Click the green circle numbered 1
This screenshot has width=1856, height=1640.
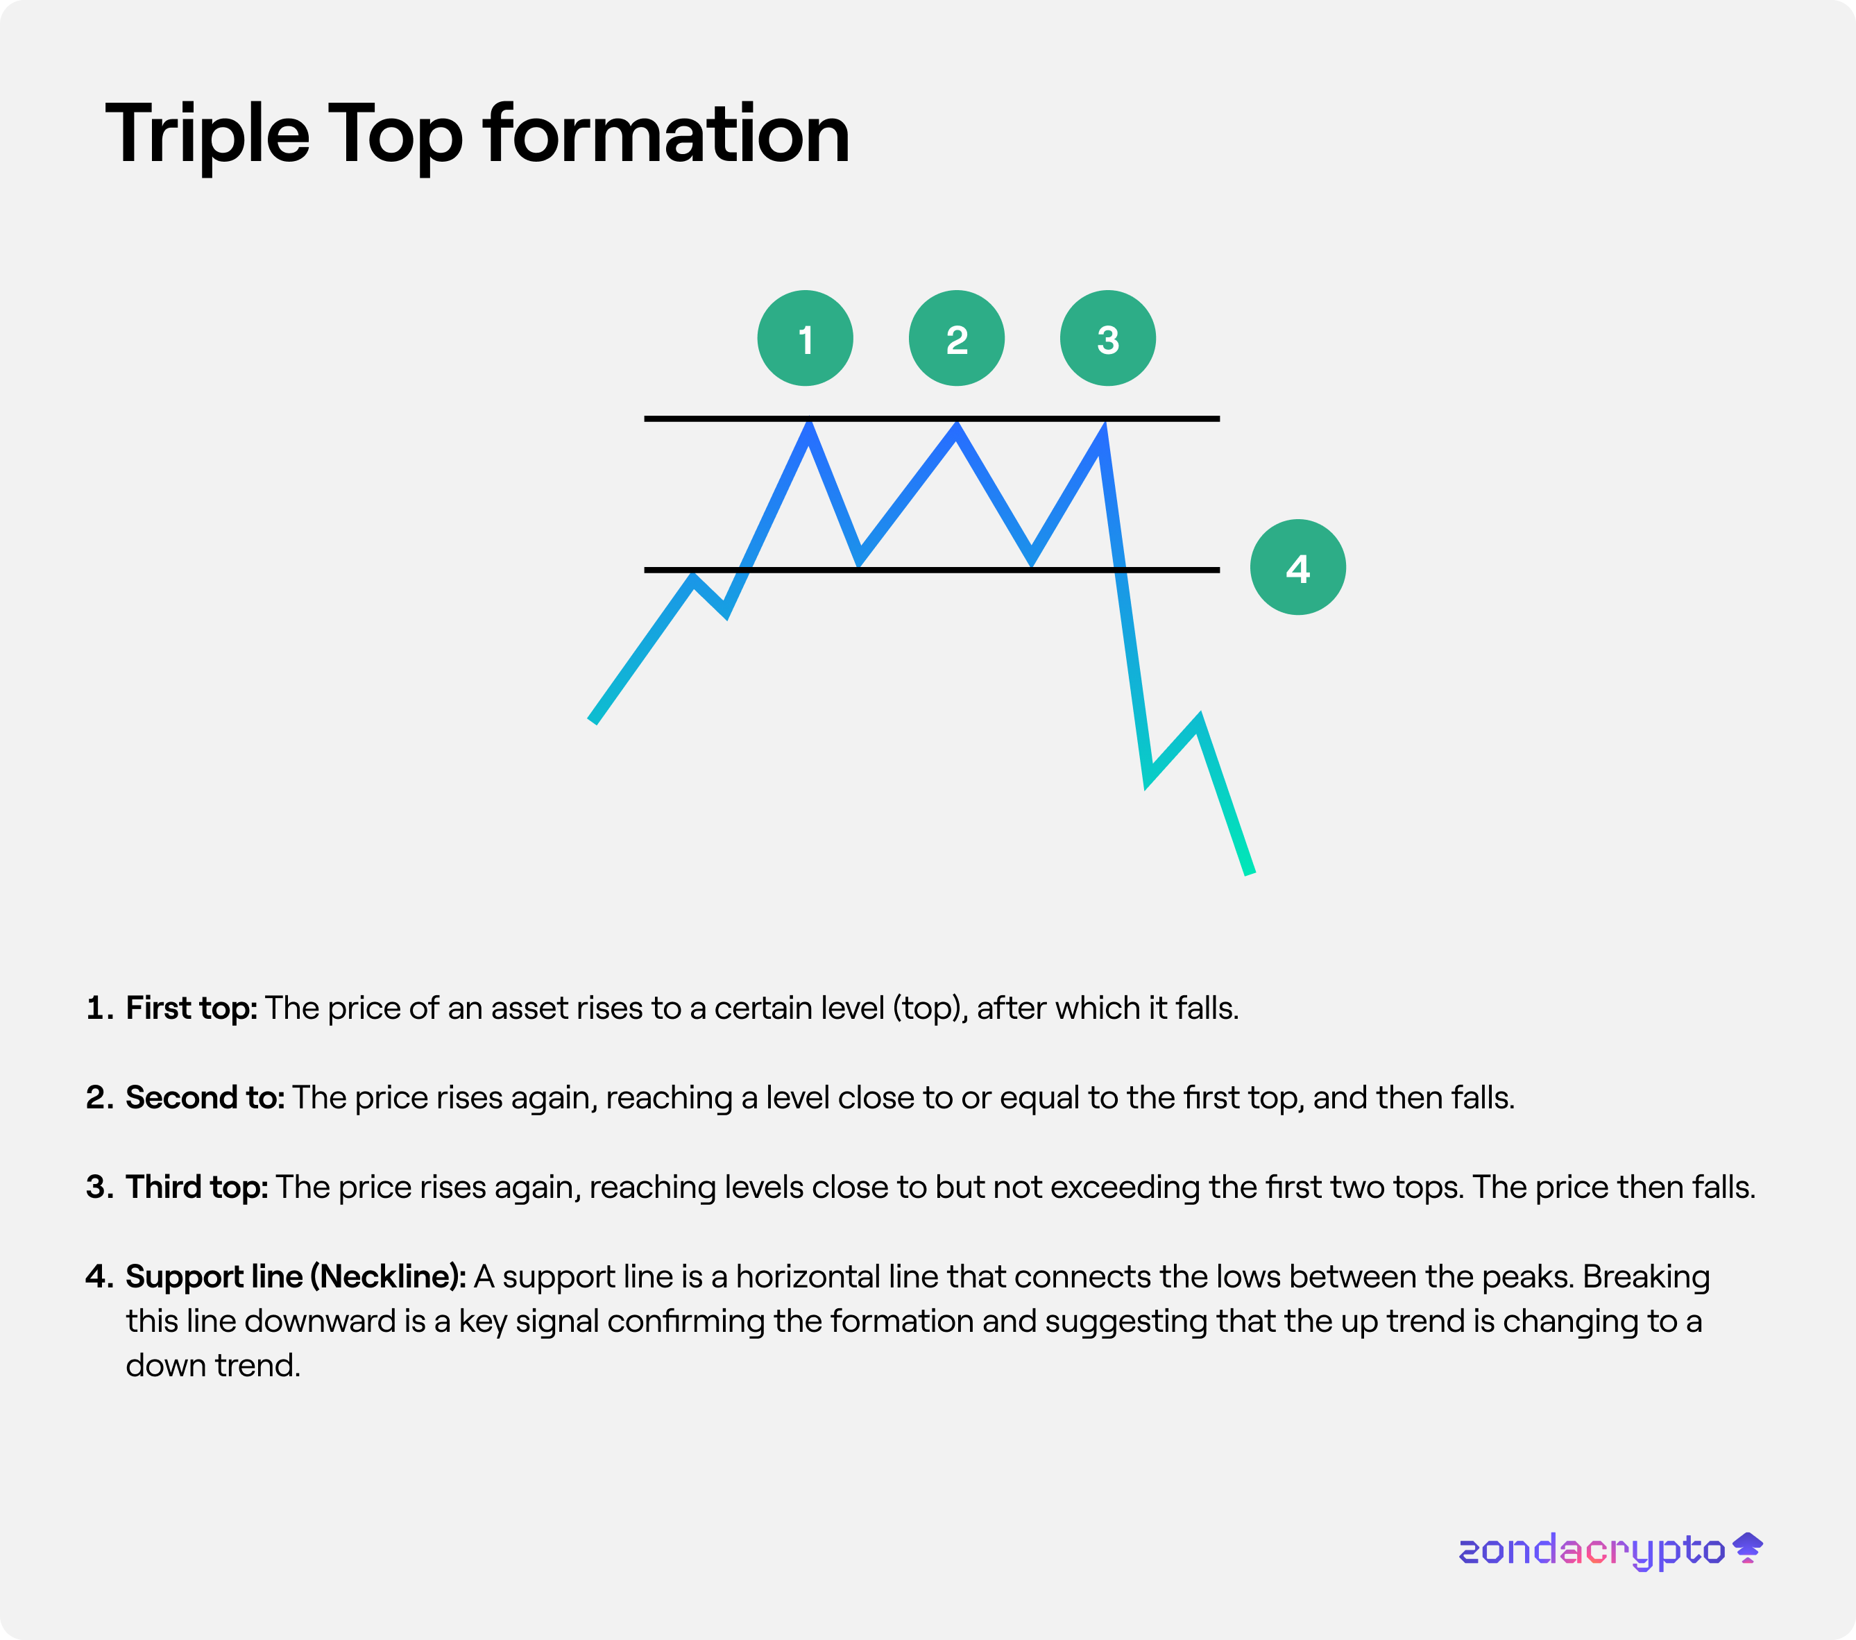click(x=806, y=339)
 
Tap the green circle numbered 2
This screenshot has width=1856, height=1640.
click(x=957, y=339)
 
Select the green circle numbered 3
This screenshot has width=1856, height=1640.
click(x=1108, y=339)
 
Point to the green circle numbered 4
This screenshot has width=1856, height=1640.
click(x=1298, y=568)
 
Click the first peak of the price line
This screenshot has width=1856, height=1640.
click(x=808, y=427)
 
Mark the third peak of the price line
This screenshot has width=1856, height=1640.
click(x=1102, y=429)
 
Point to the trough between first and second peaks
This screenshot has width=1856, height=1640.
click(x=859, y=559)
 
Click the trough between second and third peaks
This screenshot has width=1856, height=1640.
click(x=1032, y=559)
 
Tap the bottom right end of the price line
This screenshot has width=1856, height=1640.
click(x=1250, y=872)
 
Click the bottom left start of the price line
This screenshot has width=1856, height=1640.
click(x=593, y=720)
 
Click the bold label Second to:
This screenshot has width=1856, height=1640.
click(x=205, y=1098)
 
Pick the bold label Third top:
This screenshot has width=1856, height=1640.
click(x=197, y=1187)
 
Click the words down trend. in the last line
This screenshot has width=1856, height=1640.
click(x=212, y=1366)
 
